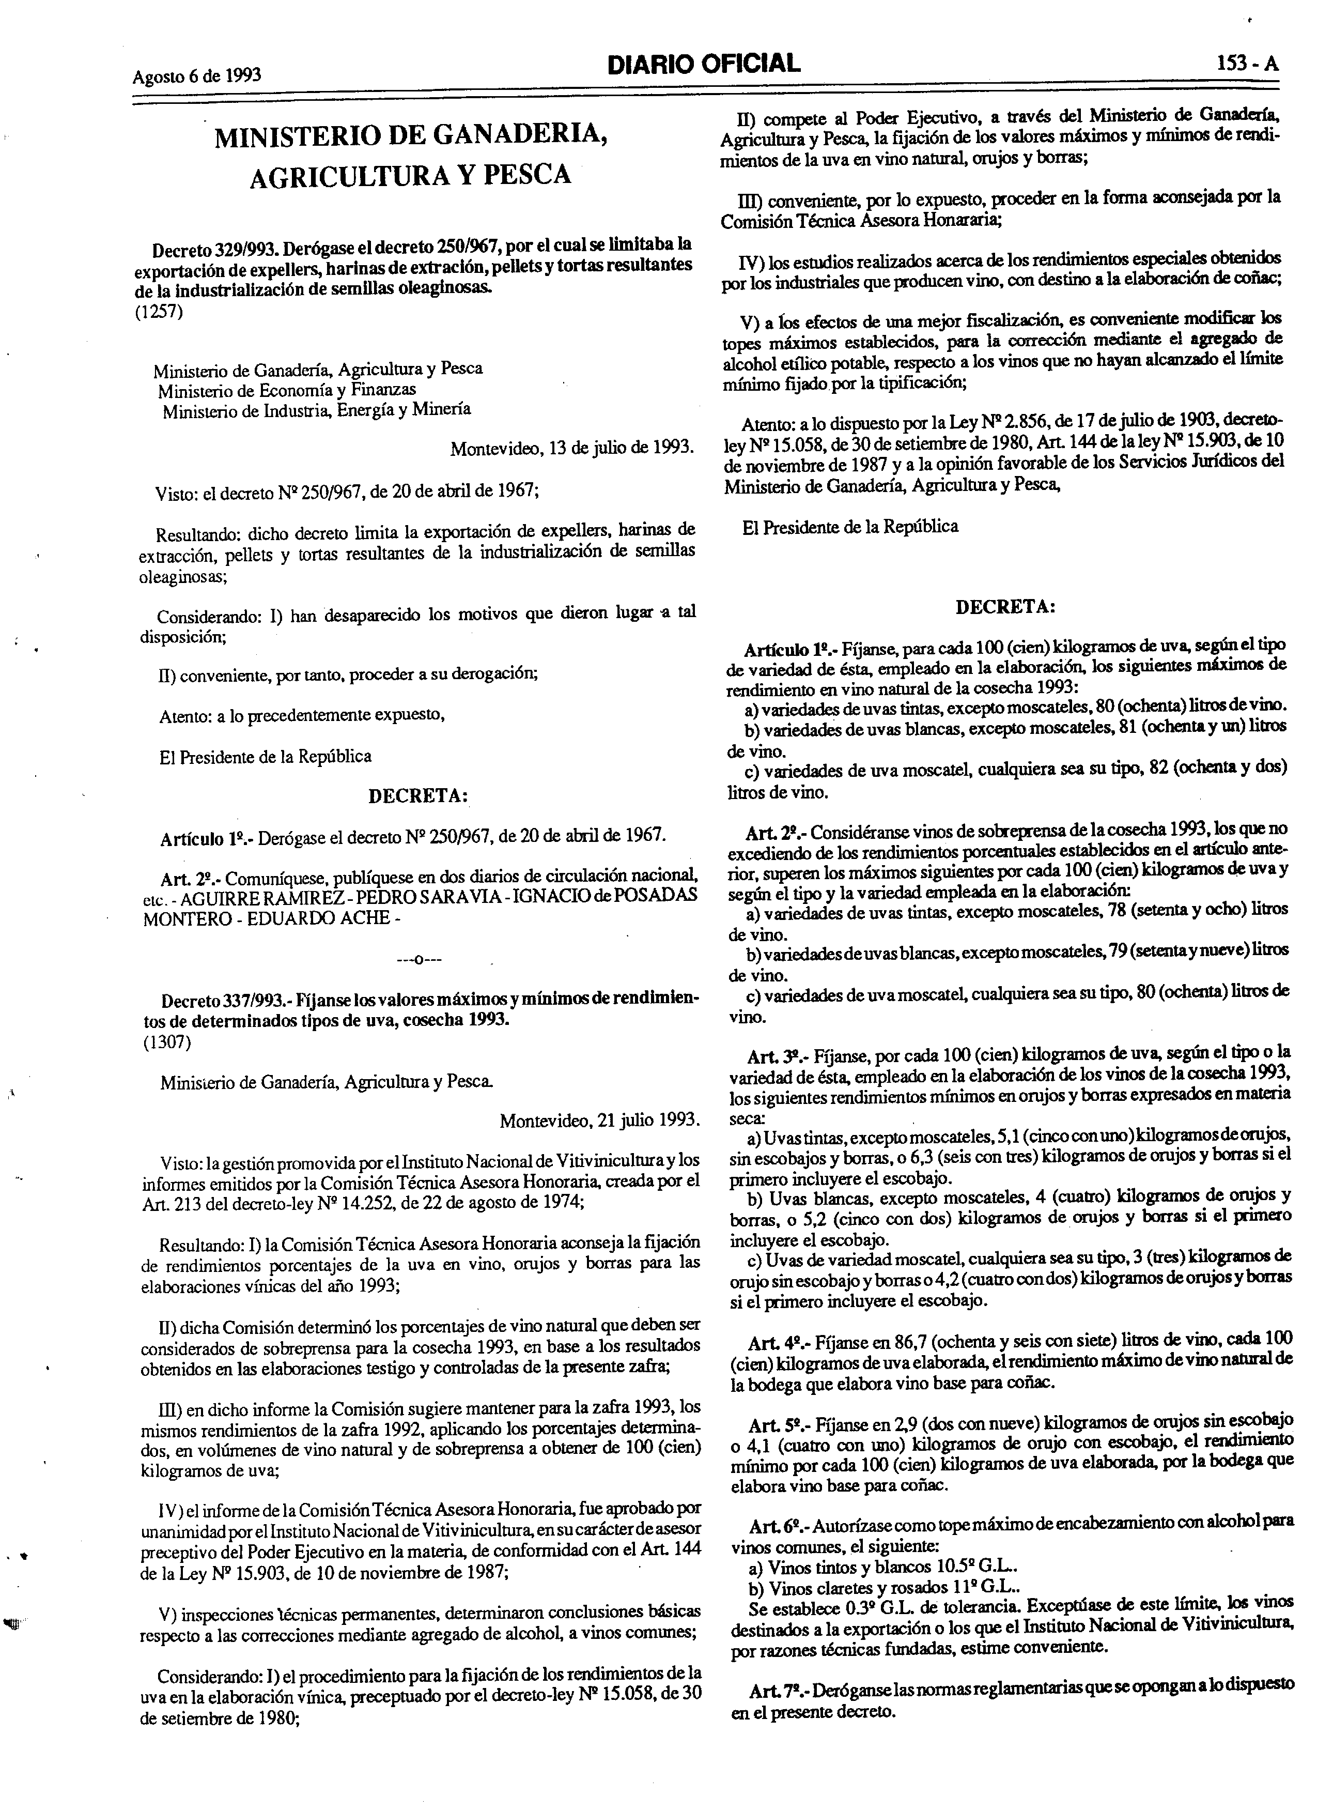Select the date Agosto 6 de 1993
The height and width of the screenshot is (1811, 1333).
coord(197,76)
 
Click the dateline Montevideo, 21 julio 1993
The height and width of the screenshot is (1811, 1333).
coord(599,1120)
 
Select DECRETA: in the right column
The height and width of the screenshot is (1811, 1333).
coord(1004,607)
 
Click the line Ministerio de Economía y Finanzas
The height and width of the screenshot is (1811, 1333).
coord(286,390)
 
